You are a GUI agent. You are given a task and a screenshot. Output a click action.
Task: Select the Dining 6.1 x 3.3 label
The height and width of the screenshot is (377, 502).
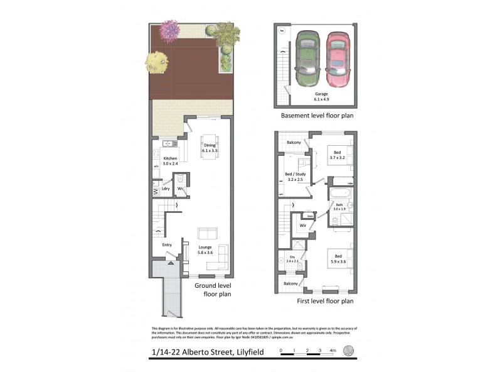point(209,148)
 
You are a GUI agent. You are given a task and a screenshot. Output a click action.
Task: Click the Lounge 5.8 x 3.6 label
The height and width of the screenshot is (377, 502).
point(205,250)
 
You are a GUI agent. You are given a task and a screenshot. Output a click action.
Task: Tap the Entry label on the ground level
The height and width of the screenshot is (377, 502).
point(167,244)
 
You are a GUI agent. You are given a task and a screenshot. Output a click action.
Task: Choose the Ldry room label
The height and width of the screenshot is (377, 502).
point(166,188)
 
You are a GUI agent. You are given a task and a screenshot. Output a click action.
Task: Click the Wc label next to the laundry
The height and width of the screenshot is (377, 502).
point(180,188)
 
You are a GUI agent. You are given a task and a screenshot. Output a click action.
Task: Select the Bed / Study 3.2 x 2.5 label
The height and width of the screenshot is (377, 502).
point(295,177)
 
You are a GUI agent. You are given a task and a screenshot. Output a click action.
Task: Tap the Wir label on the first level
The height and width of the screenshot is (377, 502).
point(302,225)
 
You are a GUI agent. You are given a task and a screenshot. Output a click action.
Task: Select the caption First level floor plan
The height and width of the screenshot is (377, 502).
point(324,302)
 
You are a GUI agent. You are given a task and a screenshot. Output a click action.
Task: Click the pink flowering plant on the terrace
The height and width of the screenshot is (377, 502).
point(169,30)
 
